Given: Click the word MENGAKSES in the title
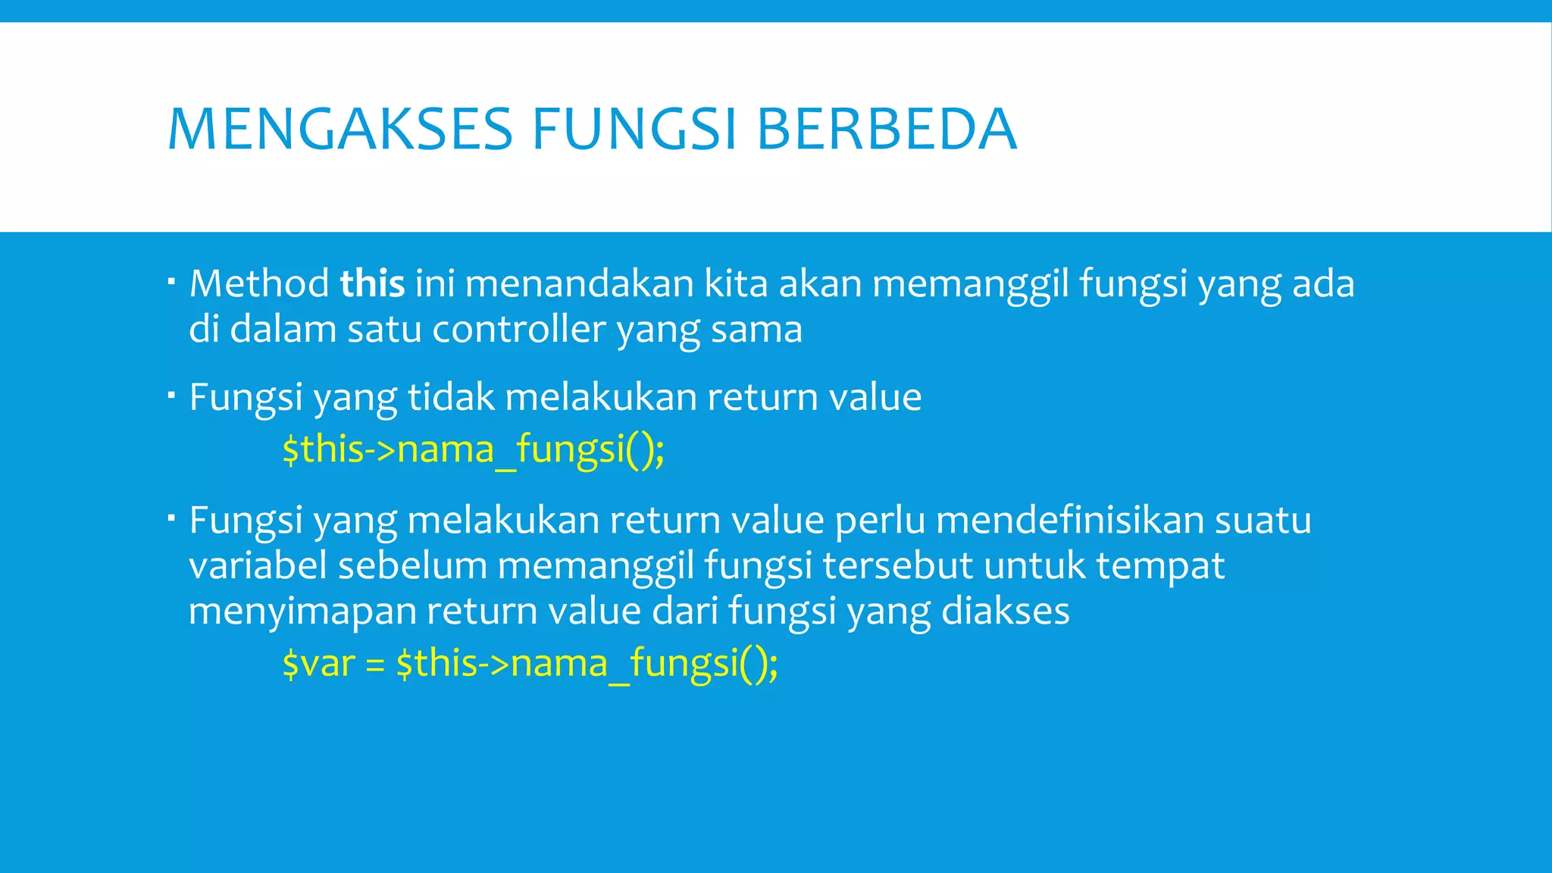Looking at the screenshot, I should [340, 130].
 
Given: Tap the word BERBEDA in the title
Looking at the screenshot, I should [886, 130].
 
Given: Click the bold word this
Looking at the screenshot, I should [372, 284].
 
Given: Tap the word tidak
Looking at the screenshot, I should [451, 397].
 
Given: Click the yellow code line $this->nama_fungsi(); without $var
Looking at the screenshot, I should [473, 449].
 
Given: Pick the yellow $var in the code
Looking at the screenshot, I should [318, 664].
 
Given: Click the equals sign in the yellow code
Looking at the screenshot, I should [375, 665].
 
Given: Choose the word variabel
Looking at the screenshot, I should [258, 566].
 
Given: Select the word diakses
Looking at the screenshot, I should [1005, 612].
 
